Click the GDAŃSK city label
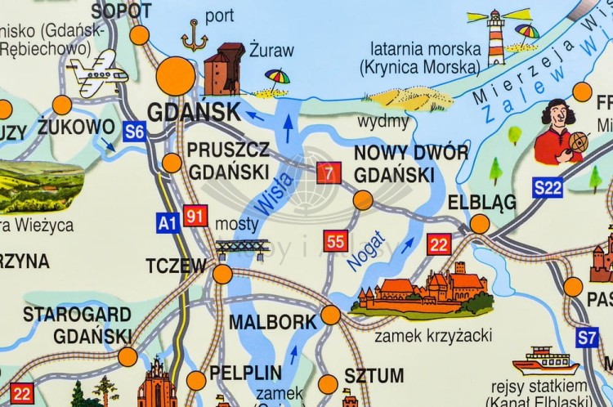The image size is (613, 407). [194, 112]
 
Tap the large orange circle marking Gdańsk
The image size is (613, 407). [176, 76]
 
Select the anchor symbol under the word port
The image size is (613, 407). [195, 37]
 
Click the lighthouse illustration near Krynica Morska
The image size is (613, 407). [496, 37]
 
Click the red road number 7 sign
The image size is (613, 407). [329, 172]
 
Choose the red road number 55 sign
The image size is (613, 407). [336, 241]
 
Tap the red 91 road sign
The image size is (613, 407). [195, 216]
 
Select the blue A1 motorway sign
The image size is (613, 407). [168, 221]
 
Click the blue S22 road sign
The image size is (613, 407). [548, 188]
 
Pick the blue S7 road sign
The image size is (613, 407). [587, 337]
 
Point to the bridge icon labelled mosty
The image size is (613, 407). [243, 246]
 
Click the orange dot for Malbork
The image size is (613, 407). [330, 315]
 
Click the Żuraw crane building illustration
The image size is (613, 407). [224, 69]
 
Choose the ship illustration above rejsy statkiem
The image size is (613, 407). [545, 360]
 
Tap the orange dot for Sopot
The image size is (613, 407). [140, 34]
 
